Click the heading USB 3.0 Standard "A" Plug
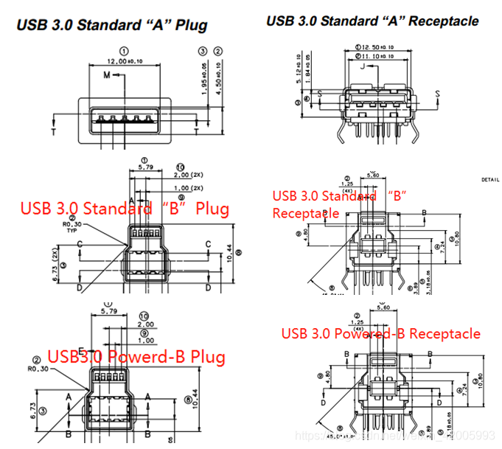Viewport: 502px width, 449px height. (111, 25)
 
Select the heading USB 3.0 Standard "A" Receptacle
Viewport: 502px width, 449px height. (372, 21)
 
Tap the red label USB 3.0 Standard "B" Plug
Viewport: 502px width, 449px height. (124, 209)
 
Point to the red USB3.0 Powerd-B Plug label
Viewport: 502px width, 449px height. (136, 358)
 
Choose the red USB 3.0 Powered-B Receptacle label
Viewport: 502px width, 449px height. (380, 333)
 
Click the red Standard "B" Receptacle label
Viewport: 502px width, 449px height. (341, 203)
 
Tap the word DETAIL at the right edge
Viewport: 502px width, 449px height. (490, 179)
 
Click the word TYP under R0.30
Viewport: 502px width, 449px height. (70, 231)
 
